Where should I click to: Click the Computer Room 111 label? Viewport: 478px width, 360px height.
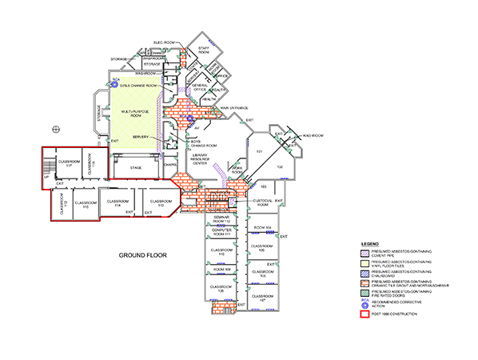[x=221, y=234]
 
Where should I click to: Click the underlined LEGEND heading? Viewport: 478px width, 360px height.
[x=368, y=242]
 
